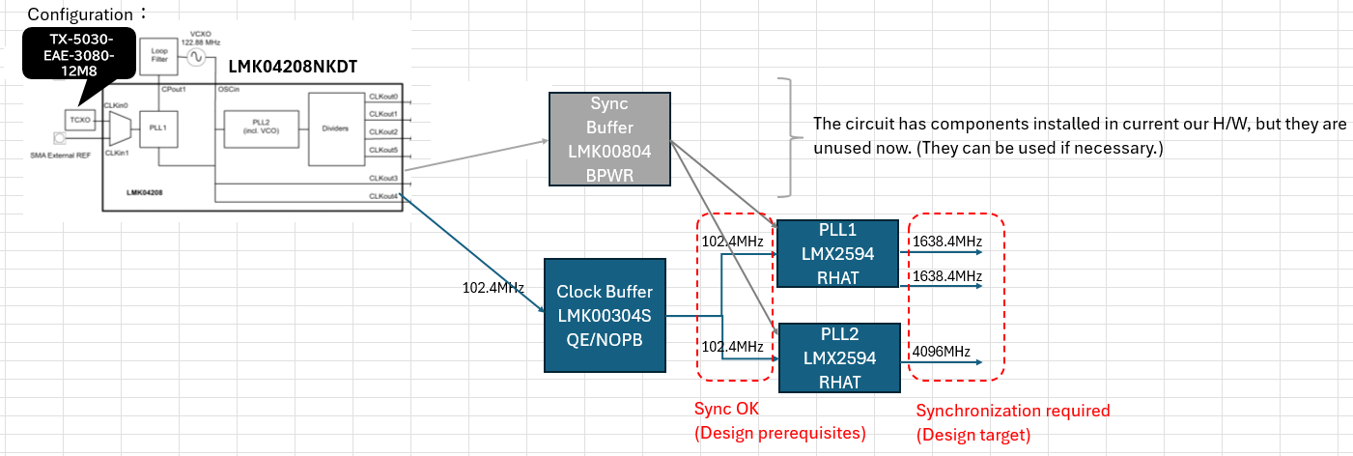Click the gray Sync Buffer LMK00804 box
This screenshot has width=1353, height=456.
click(x=609, y=139)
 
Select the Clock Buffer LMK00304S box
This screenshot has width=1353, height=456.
click(x=605, y=315)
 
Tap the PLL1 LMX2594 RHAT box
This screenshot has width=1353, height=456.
click(x=837, y=253)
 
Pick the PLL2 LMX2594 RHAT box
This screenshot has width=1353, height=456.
click(x=839, y=357)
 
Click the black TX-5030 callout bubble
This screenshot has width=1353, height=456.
click(x=78, y=54)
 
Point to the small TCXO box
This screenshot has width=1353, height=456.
click(x=80, y=120)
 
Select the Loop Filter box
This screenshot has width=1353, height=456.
click(x=158, y=57)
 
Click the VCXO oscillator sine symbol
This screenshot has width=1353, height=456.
click(x=196, y=57)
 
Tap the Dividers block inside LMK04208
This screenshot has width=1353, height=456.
click(x=336, y=128)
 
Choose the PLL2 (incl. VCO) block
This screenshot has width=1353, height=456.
click(x=261, y=128)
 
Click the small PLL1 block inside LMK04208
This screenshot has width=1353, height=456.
click(x=158, y=128)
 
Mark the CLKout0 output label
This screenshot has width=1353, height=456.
click(x=383, y=97)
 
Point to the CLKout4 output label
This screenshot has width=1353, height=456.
click(x=383, y=196)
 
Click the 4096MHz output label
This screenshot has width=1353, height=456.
click(x=941, y=352)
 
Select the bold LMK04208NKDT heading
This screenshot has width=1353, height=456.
click(x=293, y=67)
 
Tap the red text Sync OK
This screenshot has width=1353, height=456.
click(x=726, y=409)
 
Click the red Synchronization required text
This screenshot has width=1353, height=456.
click(x=1013, y=411)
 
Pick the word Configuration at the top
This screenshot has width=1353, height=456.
click(x=80, y=14)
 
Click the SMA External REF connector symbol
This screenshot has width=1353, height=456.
click(x=59, y=138)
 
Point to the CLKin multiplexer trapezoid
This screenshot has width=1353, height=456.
click(x=120, y=128)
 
